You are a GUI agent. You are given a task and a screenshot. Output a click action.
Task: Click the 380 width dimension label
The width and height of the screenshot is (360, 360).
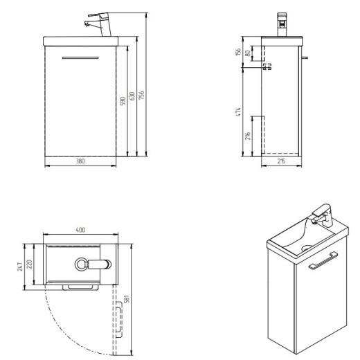(x=80, y=161)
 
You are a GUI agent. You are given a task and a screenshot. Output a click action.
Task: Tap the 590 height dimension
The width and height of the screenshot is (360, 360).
(x=123, y=101)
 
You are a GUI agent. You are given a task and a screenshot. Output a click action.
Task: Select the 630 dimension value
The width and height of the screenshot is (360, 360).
(x=132, y=96)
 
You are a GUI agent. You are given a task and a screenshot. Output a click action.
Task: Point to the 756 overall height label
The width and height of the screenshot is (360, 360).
(x=141, y=95)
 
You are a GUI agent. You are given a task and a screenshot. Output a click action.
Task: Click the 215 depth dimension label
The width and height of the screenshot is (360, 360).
(x=281, y=161)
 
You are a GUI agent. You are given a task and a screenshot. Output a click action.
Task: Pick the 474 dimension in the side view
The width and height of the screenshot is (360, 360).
(x=238, y=111)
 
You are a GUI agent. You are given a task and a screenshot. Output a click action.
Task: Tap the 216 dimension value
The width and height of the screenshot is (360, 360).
(x=248, y=136)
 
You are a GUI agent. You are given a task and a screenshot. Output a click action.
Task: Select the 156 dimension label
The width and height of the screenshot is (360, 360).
(x=238, y=51)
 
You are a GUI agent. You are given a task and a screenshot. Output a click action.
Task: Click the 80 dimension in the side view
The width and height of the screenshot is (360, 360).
(x=248, y=53)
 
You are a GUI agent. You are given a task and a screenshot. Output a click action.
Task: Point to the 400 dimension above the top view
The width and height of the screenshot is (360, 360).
(x=80, y=230)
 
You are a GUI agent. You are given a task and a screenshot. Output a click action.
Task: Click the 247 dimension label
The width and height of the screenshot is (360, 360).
(x=20, y=267)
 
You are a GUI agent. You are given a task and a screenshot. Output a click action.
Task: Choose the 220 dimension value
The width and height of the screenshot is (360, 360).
(x=29, y=264)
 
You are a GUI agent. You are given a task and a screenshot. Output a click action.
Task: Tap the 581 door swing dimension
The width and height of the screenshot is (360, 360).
(x=127, y=298)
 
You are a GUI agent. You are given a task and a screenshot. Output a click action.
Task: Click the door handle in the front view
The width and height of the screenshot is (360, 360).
(x=80, y=57)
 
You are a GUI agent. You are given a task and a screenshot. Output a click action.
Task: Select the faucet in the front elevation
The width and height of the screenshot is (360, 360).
(x=98, y=24)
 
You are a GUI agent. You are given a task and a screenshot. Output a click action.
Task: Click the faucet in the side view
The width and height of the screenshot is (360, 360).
(x=282, y=24)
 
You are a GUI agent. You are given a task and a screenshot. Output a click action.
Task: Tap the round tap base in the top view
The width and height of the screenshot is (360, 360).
(x=81, y=264)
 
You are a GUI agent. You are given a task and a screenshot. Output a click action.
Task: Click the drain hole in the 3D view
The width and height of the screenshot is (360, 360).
(x=306, y=248)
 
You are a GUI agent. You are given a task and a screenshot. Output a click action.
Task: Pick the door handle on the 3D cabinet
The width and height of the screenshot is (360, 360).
(x=323, y=261)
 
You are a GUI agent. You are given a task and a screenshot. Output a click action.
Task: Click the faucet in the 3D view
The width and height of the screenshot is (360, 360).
(x=323, y=215)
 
